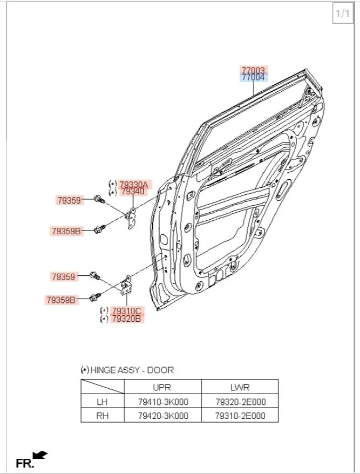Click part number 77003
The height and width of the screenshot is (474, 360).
coord(253,71)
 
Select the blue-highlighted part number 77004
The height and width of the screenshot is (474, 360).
coord(253,78)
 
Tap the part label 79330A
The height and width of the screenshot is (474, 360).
coord(133,184)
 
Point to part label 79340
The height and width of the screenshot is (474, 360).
coord(133,191)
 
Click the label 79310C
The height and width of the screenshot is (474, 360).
coord(126,311)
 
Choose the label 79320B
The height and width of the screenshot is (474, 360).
coord(126,319)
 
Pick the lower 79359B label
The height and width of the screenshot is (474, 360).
coord(61,300)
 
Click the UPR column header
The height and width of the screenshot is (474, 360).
coord(162,387)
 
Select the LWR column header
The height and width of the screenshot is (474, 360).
coord(239,387)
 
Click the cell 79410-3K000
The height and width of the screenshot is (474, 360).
coord(162,402)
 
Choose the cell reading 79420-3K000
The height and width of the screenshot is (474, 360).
coord(162,416)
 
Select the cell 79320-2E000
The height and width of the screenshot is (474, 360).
coord(240,402)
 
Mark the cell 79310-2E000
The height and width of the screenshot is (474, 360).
coord(240,416)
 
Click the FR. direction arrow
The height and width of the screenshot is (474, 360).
coord(40,456)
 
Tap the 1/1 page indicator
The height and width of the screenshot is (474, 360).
coord(343,13)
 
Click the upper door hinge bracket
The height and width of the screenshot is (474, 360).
coord(131,216)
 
